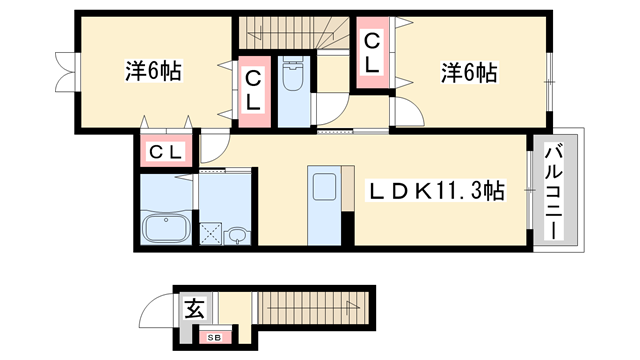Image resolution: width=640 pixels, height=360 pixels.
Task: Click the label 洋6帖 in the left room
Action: pos(153,72)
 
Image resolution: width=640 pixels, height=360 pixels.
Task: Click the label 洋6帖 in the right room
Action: pos(470,72)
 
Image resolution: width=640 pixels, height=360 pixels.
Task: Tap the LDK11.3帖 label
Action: pos(439,190)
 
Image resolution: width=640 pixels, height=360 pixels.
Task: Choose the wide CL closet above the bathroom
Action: pos(166,152)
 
